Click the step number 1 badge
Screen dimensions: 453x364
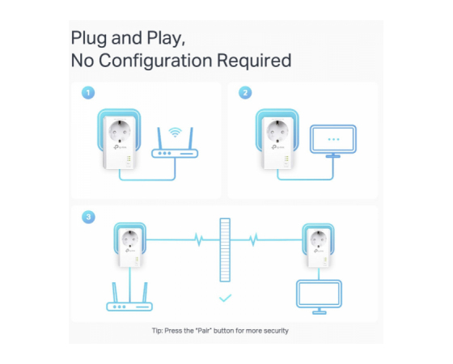[88, 93]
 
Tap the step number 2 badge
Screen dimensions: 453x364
[245, 93]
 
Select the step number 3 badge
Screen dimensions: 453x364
[88, 217]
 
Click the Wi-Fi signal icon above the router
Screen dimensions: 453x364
[175, 133]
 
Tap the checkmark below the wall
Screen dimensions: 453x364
[225, 298]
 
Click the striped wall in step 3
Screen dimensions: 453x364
[225, 250]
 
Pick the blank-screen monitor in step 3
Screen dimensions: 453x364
[320, 297]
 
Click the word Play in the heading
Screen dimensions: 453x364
[166, 38]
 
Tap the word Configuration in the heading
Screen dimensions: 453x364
[155, 61]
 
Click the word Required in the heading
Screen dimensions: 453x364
[254, 61]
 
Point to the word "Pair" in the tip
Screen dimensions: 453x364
[204, 331]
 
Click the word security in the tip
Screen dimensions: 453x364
[276, 331]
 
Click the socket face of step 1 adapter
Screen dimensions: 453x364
[120, 131]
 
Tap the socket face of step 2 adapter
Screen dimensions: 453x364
[277, 131]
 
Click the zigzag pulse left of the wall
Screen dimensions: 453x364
[199, 239]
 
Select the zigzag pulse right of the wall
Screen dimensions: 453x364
[253, 239]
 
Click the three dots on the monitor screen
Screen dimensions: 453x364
[333, 139]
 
